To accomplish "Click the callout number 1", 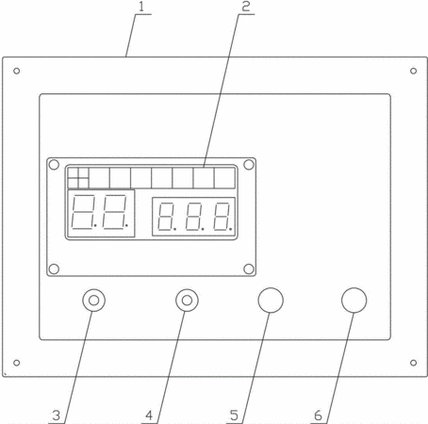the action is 141,7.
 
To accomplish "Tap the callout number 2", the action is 246,7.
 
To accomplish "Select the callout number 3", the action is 57,416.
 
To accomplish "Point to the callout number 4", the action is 149,416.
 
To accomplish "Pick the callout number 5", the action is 234,416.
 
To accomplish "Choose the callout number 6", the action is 319,416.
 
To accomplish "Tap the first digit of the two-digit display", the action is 83,212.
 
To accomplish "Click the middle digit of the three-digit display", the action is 194,217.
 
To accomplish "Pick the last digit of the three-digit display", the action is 222,217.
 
